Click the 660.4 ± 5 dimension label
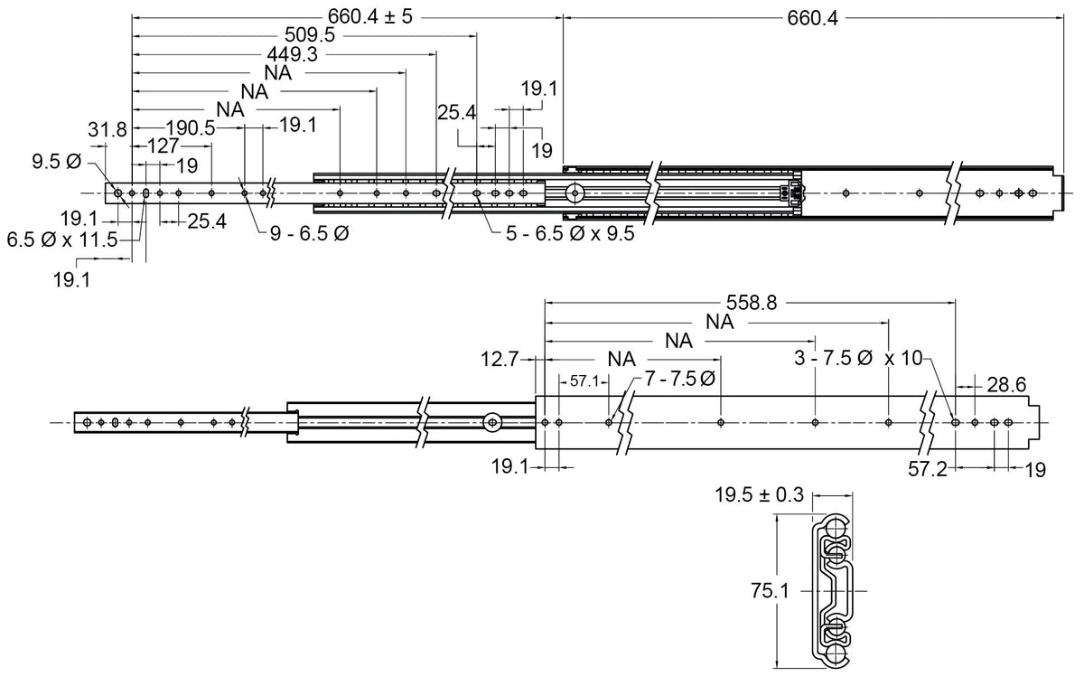point(370,17)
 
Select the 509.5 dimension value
point(310,35)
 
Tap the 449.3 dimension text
point(293,55)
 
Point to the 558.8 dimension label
point(752,303)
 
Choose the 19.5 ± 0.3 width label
point(760,495)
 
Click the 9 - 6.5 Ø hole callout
point(309,234)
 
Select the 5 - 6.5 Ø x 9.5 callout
point(570,234)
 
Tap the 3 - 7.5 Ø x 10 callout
point(858,358)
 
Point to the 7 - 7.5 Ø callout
point(680,380)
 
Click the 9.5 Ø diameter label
point(57,162)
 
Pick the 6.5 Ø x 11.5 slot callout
point(62,240)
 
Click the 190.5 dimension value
point(191,128)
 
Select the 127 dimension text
point(163,146)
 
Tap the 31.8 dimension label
point(107,130)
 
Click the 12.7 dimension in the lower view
point(500,360)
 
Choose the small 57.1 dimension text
point(584,381)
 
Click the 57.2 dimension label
point(928,470)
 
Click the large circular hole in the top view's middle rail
point(575,193)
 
